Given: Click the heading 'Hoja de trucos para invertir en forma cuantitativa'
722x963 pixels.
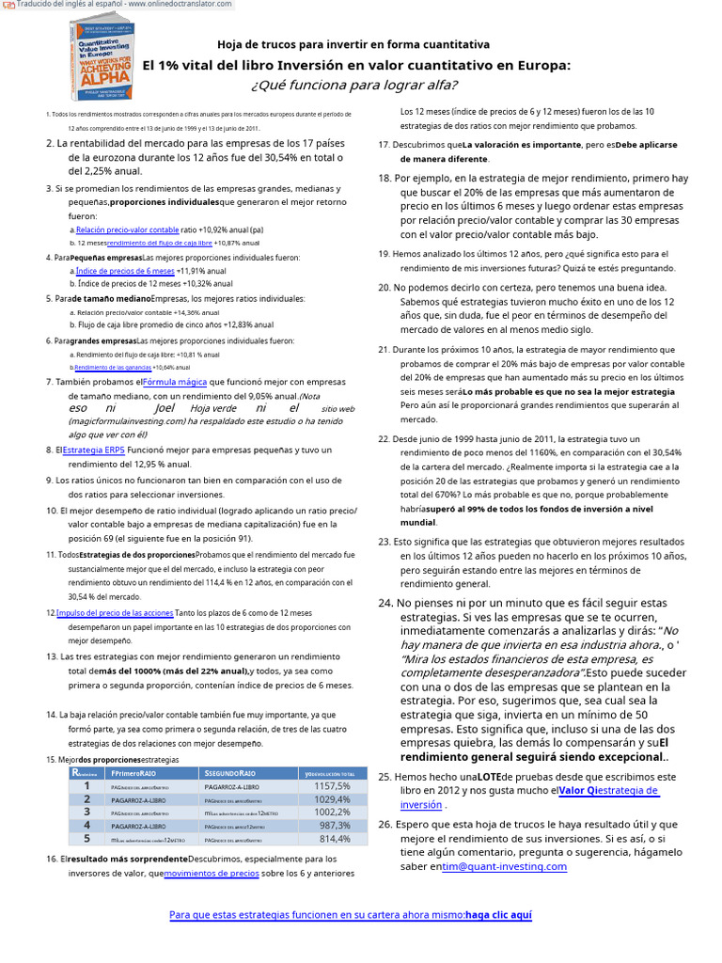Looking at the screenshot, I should click(x=353, y=44).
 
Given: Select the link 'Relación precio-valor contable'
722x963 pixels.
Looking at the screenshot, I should click(x=127, y=229).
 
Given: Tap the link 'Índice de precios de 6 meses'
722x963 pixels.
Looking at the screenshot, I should click(x=125, y=270).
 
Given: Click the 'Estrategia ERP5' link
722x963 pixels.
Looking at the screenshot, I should click(x=94, y=450).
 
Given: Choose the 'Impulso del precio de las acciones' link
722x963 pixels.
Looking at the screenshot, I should click(x=115, y=612).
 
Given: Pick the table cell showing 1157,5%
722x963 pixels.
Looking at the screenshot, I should click(x=333, y=785).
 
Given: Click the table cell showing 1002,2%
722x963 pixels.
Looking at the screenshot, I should click(x=333, y=812).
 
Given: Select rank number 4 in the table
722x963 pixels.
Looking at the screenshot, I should click(x=87, y=825).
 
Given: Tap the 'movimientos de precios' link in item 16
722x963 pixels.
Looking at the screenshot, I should click(x=212, y=873).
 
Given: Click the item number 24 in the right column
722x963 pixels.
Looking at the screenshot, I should click(x=385, y=603).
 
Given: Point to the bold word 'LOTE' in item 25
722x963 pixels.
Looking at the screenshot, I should click(x=489, y=777).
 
